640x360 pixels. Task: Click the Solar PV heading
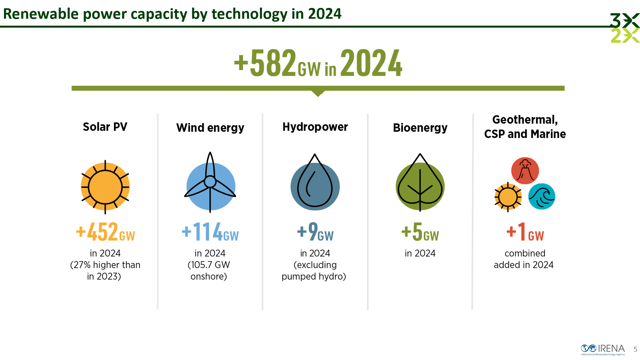pyautogui.click(x=105, y=127)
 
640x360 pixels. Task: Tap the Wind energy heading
pyautogui.click(x=210, y=128)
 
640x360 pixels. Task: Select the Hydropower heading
pyautogui.click(x=315, y=127)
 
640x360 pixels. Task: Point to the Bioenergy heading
pyautogui.click(x=420, y=128)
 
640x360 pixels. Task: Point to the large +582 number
pyautogui.click(x=265, y=63)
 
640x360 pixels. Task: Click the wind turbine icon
pyautogui.click(x=210, y=182)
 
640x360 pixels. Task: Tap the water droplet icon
pyautogui.click(x=315, y=182)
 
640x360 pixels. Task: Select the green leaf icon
pyautogui.click(x=420, y=182)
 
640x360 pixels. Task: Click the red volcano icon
pyautogui.click(x=525, y=171)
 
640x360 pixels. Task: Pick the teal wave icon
pyautogui.click(x=542, y=196)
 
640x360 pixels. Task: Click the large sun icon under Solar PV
pyautogui.click(x=105, y=187)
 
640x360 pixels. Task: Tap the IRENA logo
pyautogui.click(x=603, y=349)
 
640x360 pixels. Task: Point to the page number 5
pyautogui.click(x=635, y=349)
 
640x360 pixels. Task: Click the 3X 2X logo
pyautogui.click(x=625, y=28)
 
